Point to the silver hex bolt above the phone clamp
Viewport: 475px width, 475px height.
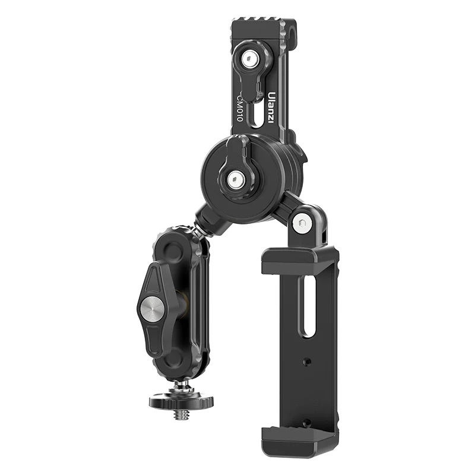[x=302, y=223]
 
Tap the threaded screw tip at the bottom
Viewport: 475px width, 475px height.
[x=181, y=414]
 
